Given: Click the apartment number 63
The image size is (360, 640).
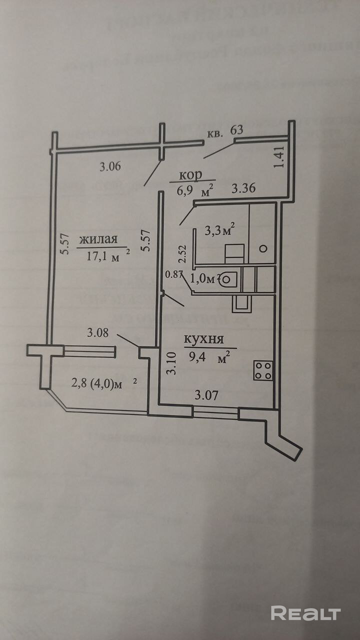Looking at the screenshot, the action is tap(236, 130).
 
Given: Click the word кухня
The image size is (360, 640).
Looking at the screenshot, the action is tap(203, 339).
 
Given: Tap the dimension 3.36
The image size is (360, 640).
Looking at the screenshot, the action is tap(244, 189).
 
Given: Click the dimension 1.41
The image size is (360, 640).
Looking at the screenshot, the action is tap(280, 156).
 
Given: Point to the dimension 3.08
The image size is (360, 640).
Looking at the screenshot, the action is tap(98, 332).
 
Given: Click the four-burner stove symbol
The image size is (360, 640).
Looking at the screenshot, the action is tap(263, 370).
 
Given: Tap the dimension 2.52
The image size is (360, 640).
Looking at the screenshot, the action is tap(183, 253).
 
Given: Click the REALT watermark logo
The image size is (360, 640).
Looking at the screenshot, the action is tap(305, 613).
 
